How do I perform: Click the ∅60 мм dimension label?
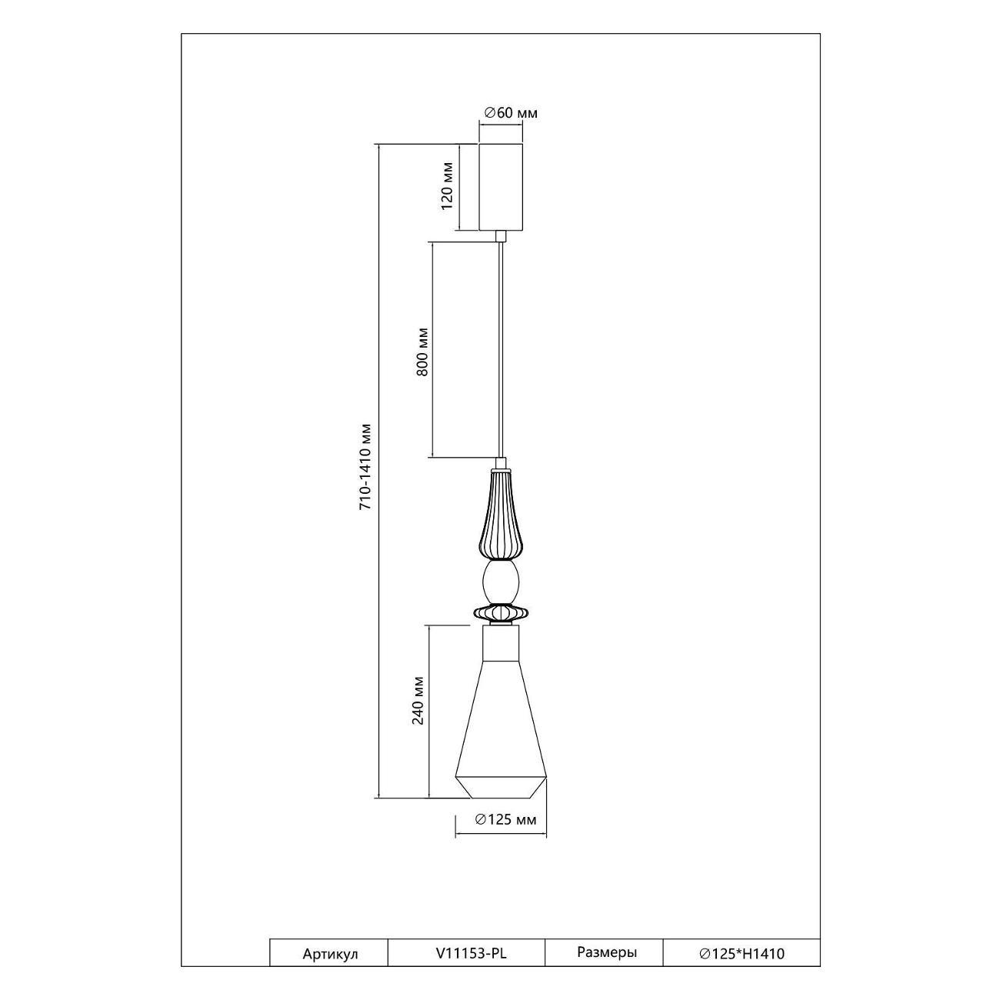(511, 113)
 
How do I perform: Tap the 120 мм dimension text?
(447, 186)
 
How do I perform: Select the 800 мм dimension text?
(423, 352)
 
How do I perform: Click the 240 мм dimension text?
(418, 701)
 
